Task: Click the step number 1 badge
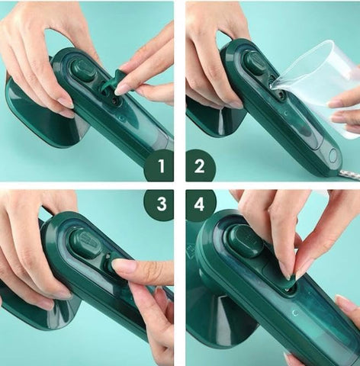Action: (x=159, y=165)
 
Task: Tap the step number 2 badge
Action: (x=201, y=165)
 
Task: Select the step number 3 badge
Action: (x=159, y=204)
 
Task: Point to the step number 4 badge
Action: (x=201, y=204)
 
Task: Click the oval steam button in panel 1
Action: (x=83, y=69)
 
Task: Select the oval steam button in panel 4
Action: (x=246, y=241)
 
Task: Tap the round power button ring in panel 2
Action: (x=333, y=156)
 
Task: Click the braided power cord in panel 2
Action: (x=351, y=174)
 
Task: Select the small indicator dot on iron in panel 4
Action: (x=295, y=313)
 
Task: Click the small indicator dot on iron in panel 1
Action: (x=121, y=118)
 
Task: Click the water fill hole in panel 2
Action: (x=281, y=95)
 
